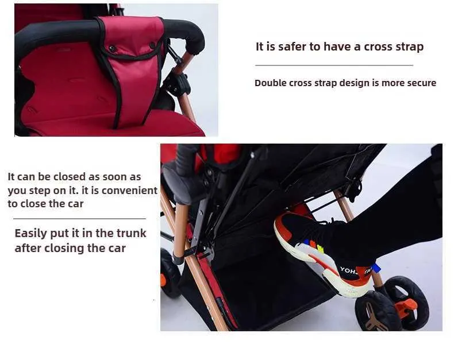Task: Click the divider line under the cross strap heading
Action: click(334, 65)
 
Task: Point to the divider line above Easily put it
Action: click(80, 219)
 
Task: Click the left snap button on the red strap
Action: click(111, 49)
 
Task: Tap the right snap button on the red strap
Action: click(152, 45)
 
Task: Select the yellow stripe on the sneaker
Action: click(320, 248)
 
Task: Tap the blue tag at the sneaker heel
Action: click(375, 268)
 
